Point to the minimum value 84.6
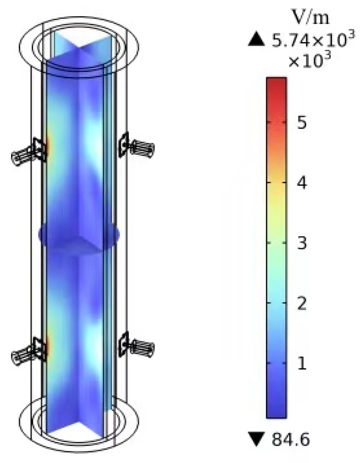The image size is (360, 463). tap(291, 439)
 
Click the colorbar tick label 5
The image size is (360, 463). tap(302, 122)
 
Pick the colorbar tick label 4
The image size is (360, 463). tap(302, 183)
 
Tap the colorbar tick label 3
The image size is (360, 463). tap(302, 243)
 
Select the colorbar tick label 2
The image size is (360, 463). tap(302, 303)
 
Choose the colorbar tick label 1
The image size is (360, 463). tap(302, 363)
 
